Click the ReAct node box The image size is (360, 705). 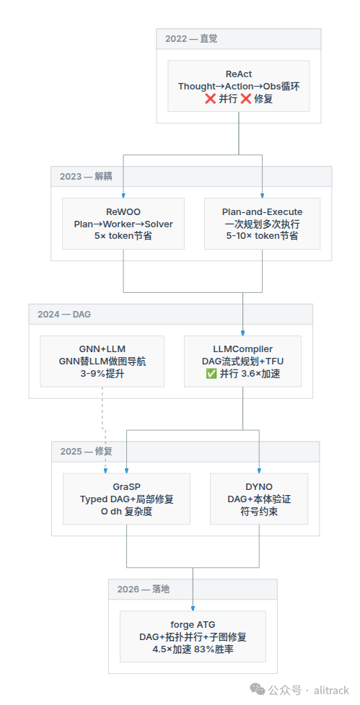(239, 86)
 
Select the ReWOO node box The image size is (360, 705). (123, 224)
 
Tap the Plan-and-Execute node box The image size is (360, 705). (262, 224)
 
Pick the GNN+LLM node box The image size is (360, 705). (102, 361)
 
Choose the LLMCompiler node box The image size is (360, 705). (242, 361)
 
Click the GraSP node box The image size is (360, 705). (126, 499)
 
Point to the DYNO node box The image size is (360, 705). (259, 499)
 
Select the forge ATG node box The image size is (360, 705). (193, 636)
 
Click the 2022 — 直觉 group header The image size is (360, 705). (239, 39)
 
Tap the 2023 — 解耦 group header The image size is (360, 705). (191, 176)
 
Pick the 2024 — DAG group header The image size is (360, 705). (171, 314)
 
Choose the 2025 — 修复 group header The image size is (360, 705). (185, 452)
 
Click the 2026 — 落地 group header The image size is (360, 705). (193, 589)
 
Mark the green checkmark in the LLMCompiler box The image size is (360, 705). (211, 374)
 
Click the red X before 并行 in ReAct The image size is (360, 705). (210, 99)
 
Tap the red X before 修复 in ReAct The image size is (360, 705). (245, 99)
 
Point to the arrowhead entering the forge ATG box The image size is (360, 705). (193, 608)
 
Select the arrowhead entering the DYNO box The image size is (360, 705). (259, 470)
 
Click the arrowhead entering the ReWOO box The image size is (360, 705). (123, 195)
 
